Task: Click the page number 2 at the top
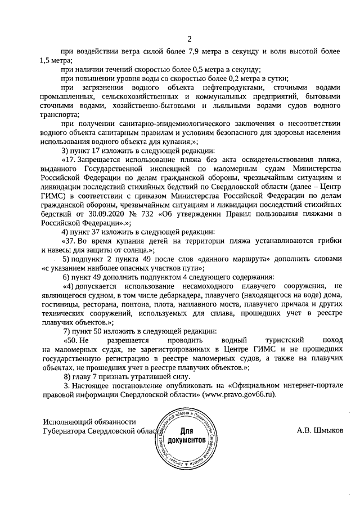(190, 39)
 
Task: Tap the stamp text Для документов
(186, 435)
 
